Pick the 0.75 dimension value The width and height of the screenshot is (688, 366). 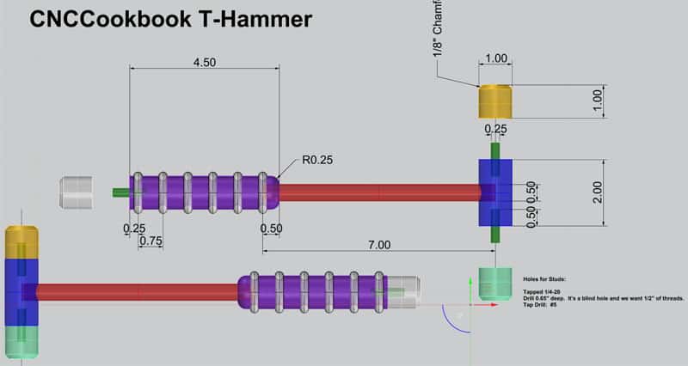tap(150, 241)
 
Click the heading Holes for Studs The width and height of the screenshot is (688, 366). tap(547, 279)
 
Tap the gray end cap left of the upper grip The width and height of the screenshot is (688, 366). tap(76, 192)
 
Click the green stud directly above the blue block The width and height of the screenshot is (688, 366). tap(494, 149)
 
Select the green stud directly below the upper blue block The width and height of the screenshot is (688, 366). tap(494, 234)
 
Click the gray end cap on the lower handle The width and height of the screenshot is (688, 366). tap(404, 291)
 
